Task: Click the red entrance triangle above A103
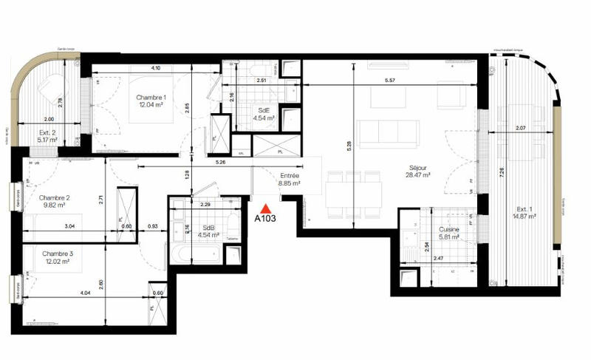[266, 208]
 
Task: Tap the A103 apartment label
[266, 220]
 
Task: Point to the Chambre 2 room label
[55, 202]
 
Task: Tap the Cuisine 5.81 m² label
[448, 235]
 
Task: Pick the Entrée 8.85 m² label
[288, 180]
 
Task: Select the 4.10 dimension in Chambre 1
[156, 68]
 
